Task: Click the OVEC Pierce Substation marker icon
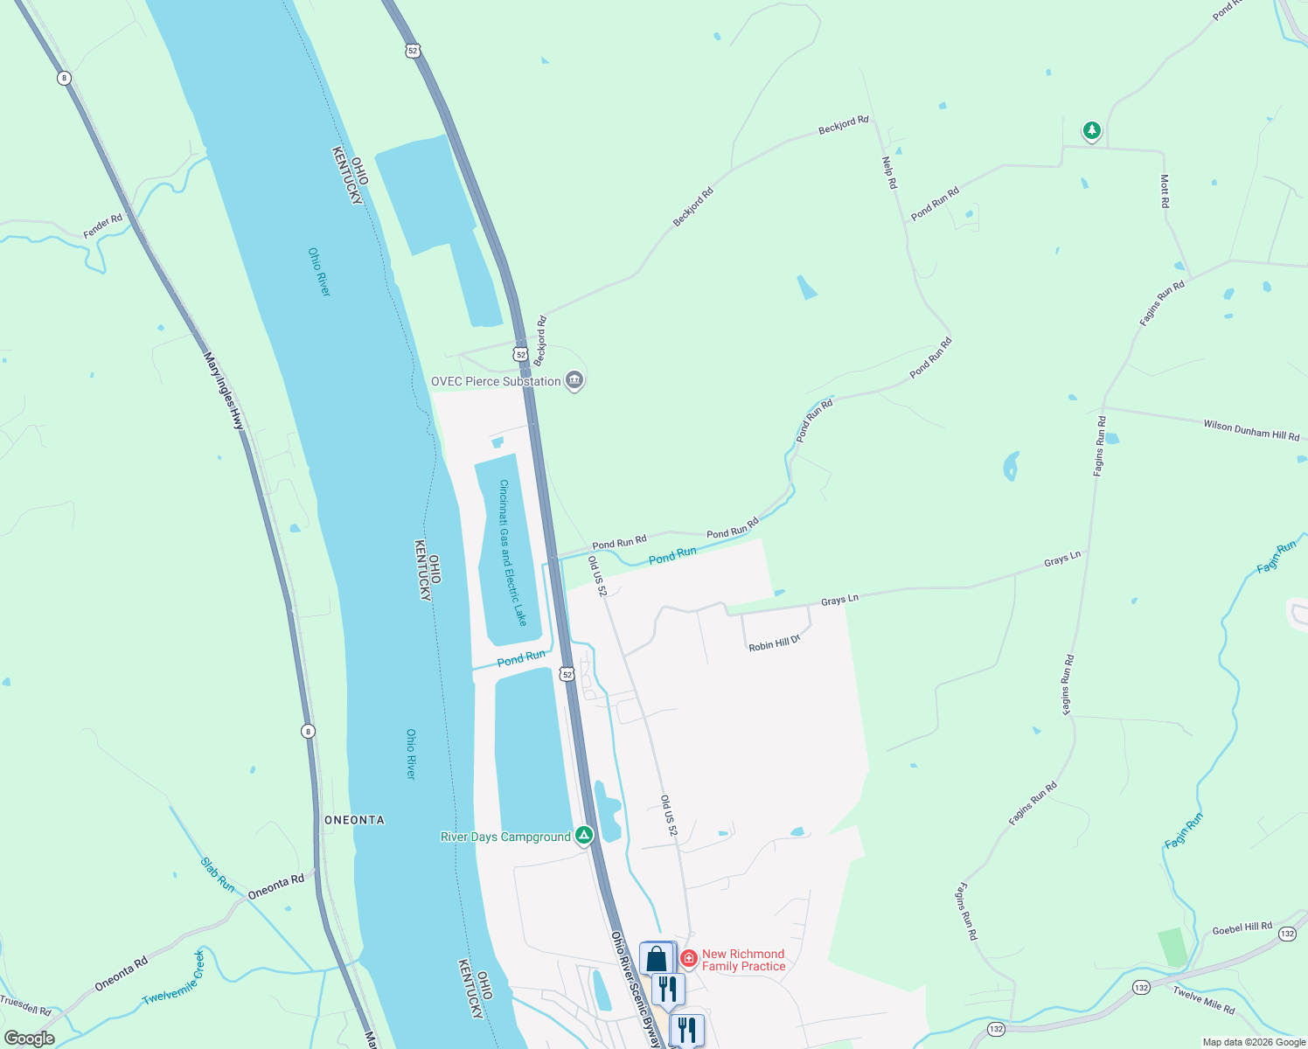(574, 380)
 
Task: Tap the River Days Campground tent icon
(583, 836)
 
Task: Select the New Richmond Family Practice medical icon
(689, 959)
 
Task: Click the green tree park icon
(1091, 131)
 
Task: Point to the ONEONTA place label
(354, 820)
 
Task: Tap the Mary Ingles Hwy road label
(225, 390)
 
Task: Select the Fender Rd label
(103, 226)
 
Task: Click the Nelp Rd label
(889, 172)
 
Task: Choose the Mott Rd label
(1165, 191)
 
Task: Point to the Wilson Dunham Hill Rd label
(1251, 430)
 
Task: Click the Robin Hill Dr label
(775, 643)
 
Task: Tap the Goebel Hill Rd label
(1242, 927)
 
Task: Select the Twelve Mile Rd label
(1204, 1000)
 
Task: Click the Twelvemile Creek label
(173, 976)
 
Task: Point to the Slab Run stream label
(218, 874)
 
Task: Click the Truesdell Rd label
(25, 1005)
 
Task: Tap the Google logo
(30, 1038)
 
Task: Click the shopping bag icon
(657, 958)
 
